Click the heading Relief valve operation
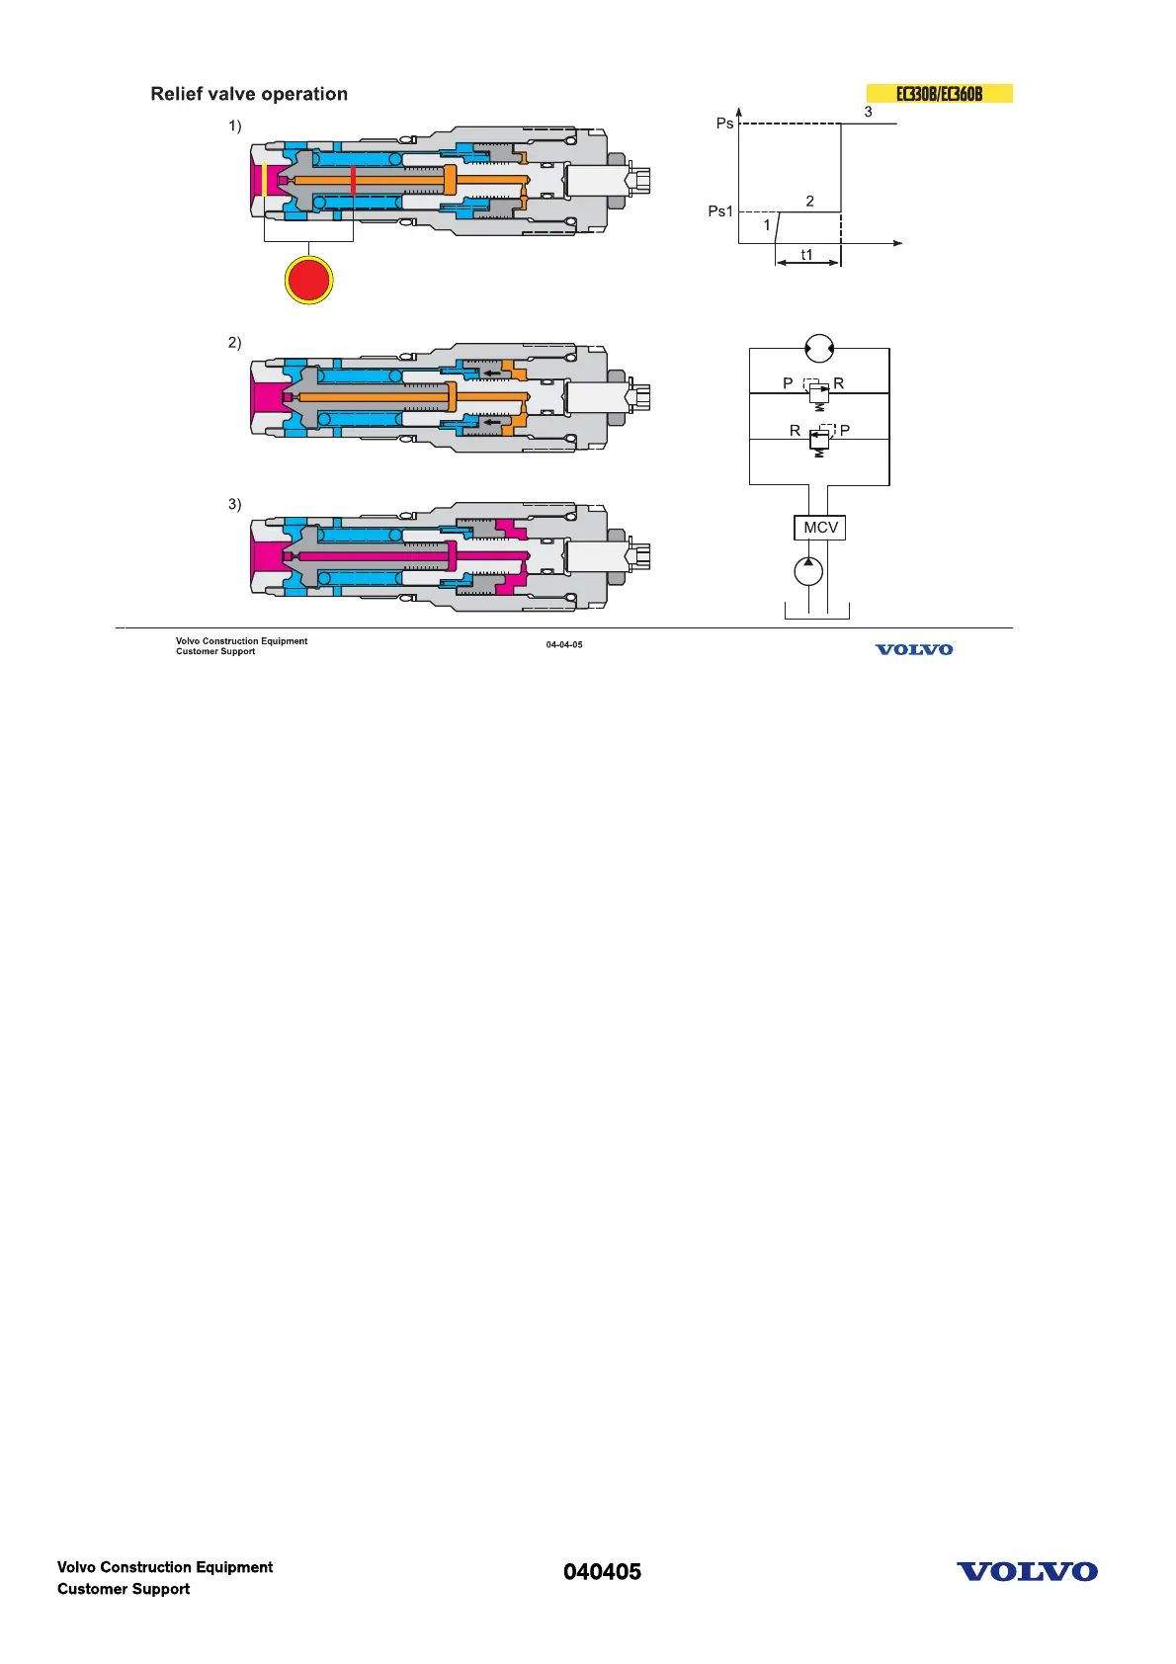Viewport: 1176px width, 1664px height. click(249, 94)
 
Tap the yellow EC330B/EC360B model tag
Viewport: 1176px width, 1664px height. click(939, 94)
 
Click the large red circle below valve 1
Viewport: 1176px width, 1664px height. click(308, 280)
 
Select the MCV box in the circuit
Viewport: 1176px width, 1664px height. click(820, 528)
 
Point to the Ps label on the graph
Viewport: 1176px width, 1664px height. click(724, 124)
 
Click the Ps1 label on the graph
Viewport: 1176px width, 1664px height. click(720, 211)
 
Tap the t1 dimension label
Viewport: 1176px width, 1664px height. click(806, 255)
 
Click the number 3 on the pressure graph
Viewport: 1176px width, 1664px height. click(869, 112)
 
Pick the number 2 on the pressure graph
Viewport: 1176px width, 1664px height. click(810, 201)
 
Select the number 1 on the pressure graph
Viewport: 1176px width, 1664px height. click(767, 225)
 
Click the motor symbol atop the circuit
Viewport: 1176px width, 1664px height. click(819, 348)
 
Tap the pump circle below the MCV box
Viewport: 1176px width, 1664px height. click(808, 571)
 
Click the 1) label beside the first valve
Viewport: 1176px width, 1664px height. click(235, 125)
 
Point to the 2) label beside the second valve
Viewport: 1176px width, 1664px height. click(235, 343)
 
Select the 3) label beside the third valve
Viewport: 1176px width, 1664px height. click(235, 504)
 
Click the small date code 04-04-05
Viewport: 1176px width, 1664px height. click(564, 645)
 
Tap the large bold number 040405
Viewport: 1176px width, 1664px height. click(602, 1572)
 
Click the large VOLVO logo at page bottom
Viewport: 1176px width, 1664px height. click(1027, 1572)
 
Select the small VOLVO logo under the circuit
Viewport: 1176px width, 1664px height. click(914, 649)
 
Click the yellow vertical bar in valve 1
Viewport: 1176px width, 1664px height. click(265, 180)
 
